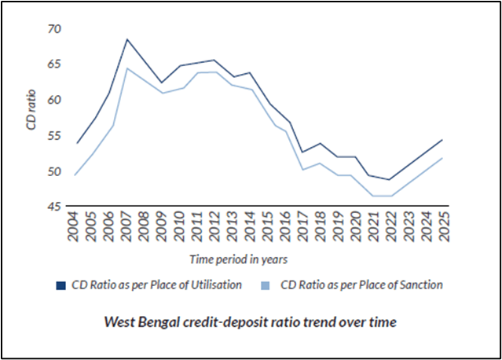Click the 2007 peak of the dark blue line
tap(127, 39)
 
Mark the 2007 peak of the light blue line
tap(127, 68)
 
